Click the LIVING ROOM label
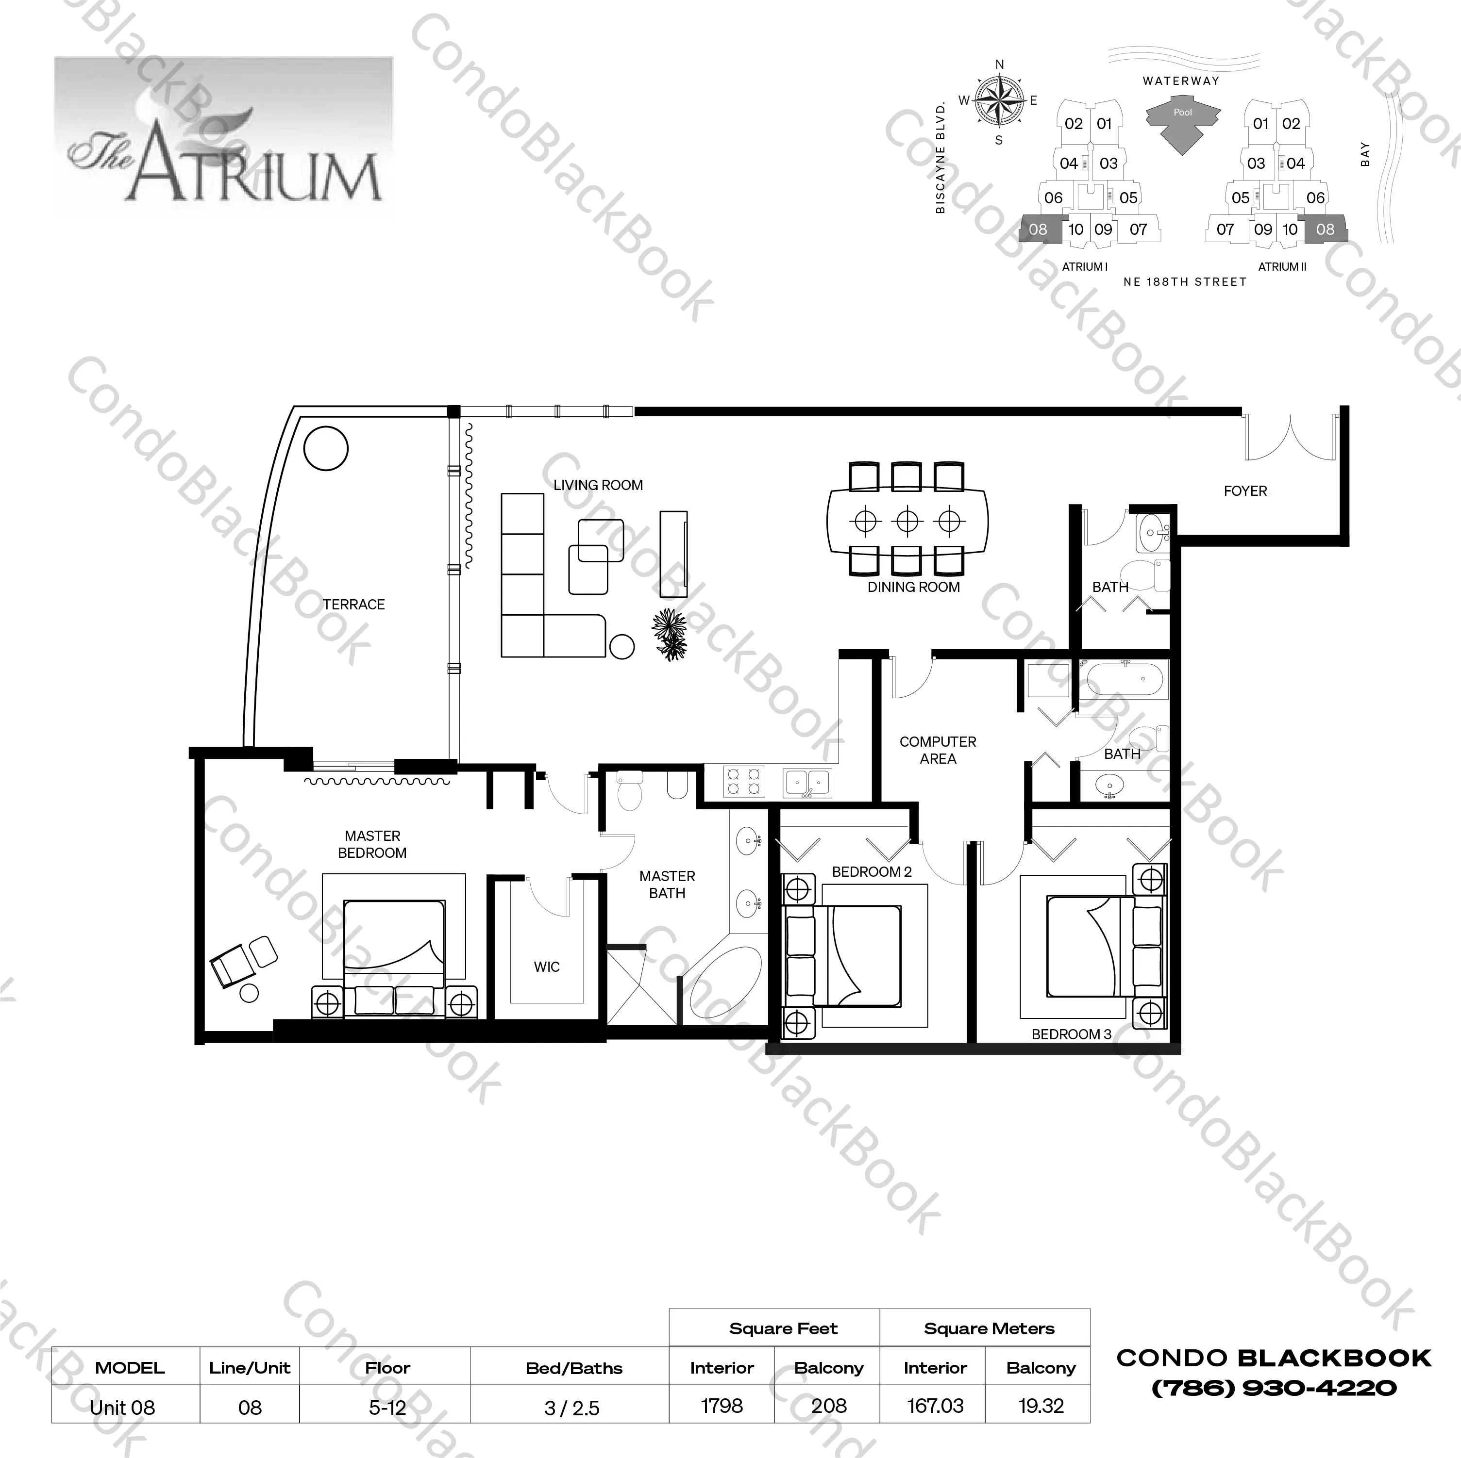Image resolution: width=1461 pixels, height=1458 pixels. [x=597, y=485]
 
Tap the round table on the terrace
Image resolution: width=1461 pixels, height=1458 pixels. [x=326, y=448]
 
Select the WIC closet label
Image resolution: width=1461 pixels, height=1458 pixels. [x=546, y=967]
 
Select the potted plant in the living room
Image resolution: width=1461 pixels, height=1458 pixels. [x=670, y=633]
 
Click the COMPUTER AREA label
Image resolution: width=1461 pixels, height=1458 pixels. [x=937, y=750]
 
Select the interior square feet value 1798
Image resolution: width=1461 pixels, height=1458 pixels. [x=722, y=1406]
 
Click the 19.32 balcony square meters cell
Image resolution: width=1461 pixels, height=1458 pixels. [x=1041, y=1406]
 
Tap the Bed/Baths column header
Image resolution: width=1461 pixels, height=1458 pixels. [x=573, y=1368]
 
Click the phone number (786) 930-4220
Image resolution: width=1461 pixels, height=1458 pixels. [x=1274, y=1388]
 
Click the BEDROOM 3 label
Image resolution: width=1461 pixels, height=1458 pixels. [x=1071, y=1034]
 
